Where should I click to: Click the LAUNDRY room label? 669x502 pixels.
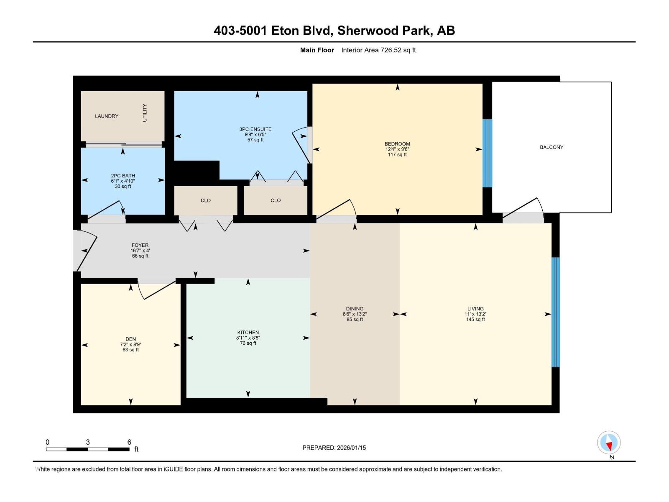(x=106, y=116)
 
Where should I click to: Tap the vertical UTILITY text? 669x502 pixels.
(x=145, y=113)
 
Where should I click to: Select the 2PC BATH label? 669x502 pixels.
(x=123, y=176)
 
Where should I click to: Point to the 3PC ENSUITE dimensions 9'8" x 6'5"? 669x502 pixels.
(x=255, y=135)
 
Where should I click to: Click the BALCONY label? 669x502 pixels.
(x=551, y=147)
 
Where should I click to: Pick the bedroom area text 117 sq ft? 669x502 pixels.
(x=397, y=155)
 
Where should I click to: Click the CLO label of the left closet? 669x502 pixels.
(x=205, y=200)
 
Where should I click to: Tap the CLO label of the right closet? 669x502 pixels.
(x=276, y=200)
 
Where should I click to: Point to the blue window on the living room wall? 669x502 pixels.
(x=555, y=312)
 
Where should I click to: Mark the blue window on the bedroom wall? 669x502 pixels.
(x=487, y=153)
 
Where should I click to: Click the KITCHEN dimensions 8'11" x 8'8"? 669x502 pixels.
(x=248, y=338)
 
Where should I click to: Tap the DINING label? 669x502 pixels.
(x=355, y=309)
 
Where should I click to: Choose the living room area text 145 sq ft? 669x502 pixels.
(x=475, y=320)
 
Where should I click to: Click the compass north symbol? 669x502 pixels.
(x=609, y=443)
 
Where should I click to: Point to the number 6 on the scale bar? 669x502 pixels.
(x=129, y=442)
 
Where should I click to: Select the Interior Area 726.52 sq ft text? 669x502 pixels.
(x=378, y=50)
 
